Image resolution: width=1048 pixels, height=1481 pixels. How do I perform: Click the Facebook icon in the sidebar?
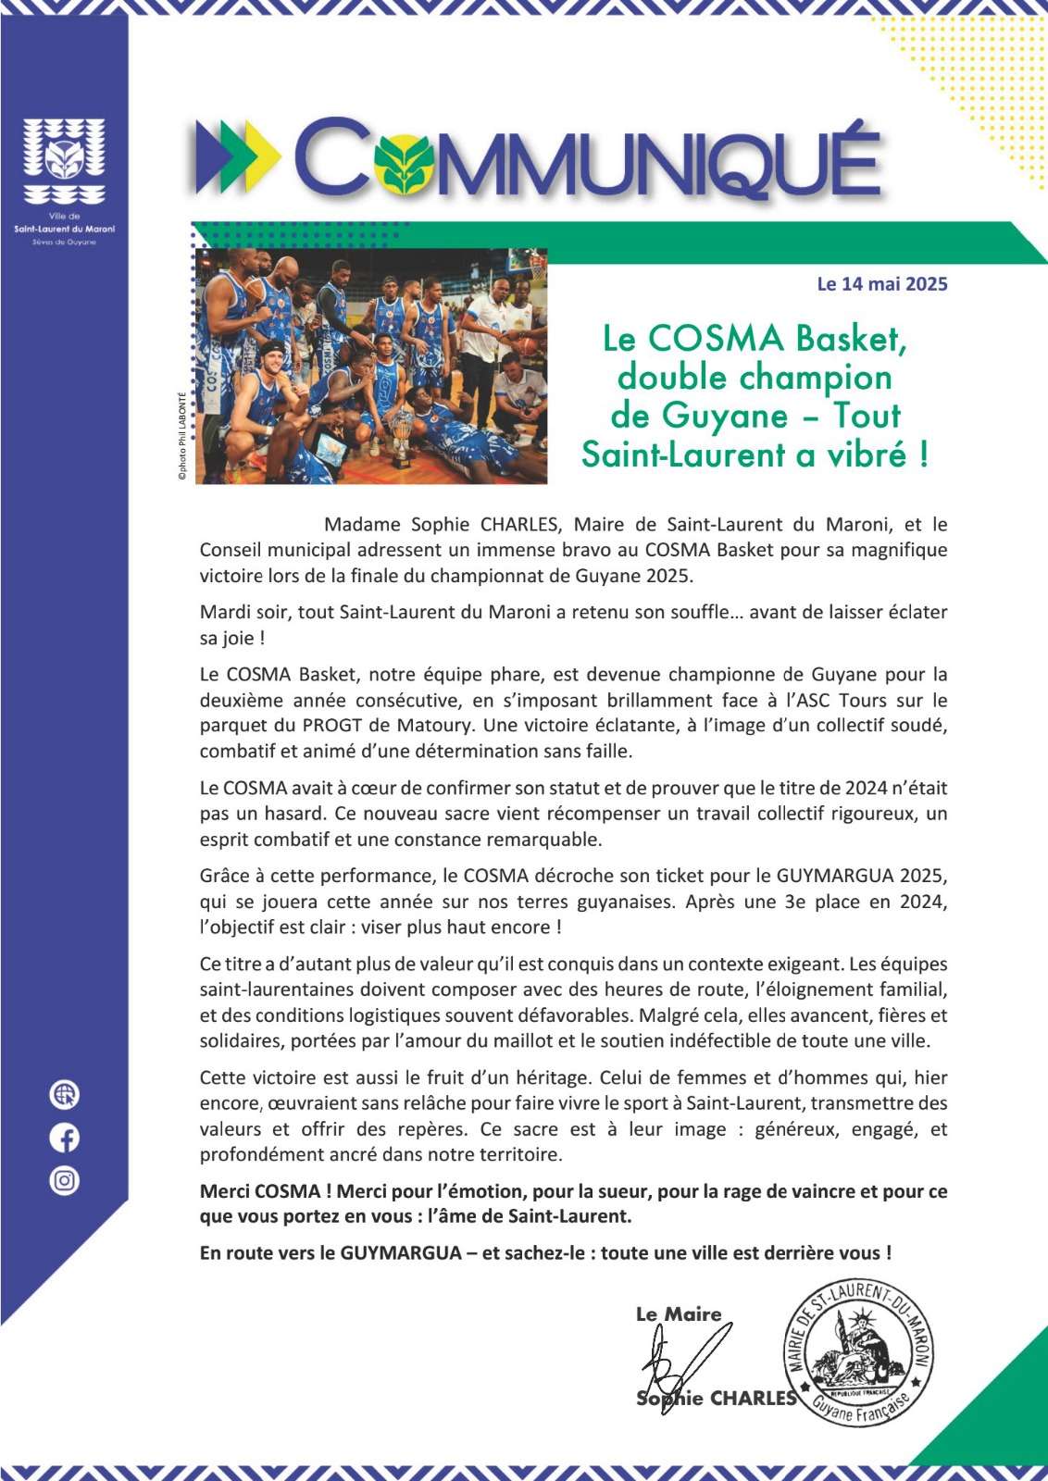(64, 1138)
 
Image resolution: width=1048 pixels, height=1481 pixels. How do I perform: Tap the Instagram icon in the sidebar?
(64, 1180)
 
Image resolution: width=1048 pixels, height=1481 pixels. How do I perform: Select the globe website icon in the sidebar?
(64, 1095)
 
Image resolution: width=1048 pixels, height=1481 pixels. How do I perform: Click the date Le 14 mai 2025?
(881, 284)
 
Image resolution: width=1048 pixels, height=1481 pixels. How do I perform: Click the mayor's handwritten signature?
(680, 1361)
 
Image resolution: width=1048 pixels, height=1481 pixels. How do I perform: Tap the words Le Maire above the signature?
(678, 1313)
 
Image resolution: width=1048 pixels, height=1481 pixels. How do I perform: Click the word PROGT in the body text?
(331, 726)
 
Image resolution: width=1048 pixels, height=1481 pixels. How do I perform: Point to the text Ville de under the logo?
(64, 216)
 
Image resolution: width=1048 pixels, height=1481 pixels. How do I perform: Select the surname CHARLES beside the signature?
(753, 1399)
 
